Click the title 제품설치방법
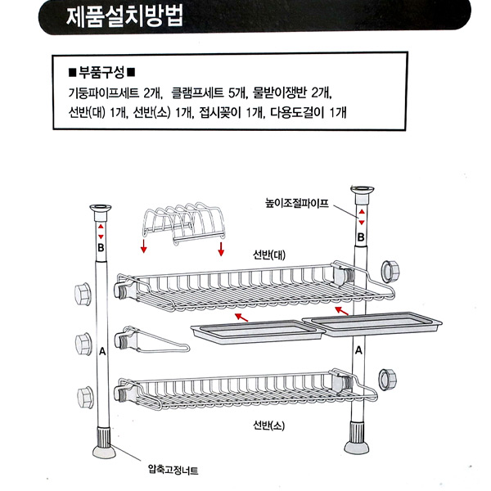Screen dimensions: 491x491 click(x=124, y=16)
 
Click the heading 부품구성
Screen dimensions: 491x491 click(x=101, y=73)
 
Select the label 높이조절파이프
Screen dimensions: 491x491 click(x=297, y=204)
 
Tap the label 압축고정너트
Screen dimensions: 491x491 click(x=173, y=470)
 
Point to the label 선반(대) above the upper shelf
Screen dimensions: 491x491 click(x=269, y=255)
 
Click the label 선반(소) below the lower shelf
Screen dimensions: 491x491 click(x=269, y=426)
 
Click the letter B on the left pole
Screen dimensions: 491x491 click(x=101, y=248)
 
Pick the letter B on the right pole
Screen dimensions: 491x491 click(x=361, y=237)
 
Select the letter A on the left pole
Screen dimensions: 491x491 click(x=102, y=352)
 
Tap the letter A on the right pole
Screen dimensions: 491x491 click(x=359, y=350)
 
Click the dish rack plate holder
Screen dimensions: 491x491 click(x=184, y=223)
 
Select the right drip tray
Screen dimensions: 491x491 click(x=372, y=324)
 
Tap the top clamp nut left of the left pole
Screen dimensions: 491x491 click(x=83, y=294)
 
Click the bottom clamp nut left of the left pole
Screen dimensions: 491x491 click(x=85, y=398)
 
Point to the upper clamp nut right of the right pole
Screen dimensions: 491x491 click(x=390, y=272)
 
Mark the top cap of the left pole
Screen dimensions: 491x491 click(x=101, y=212)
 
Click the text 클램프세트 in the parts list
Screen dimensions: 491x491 click(x=197, y=92)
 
